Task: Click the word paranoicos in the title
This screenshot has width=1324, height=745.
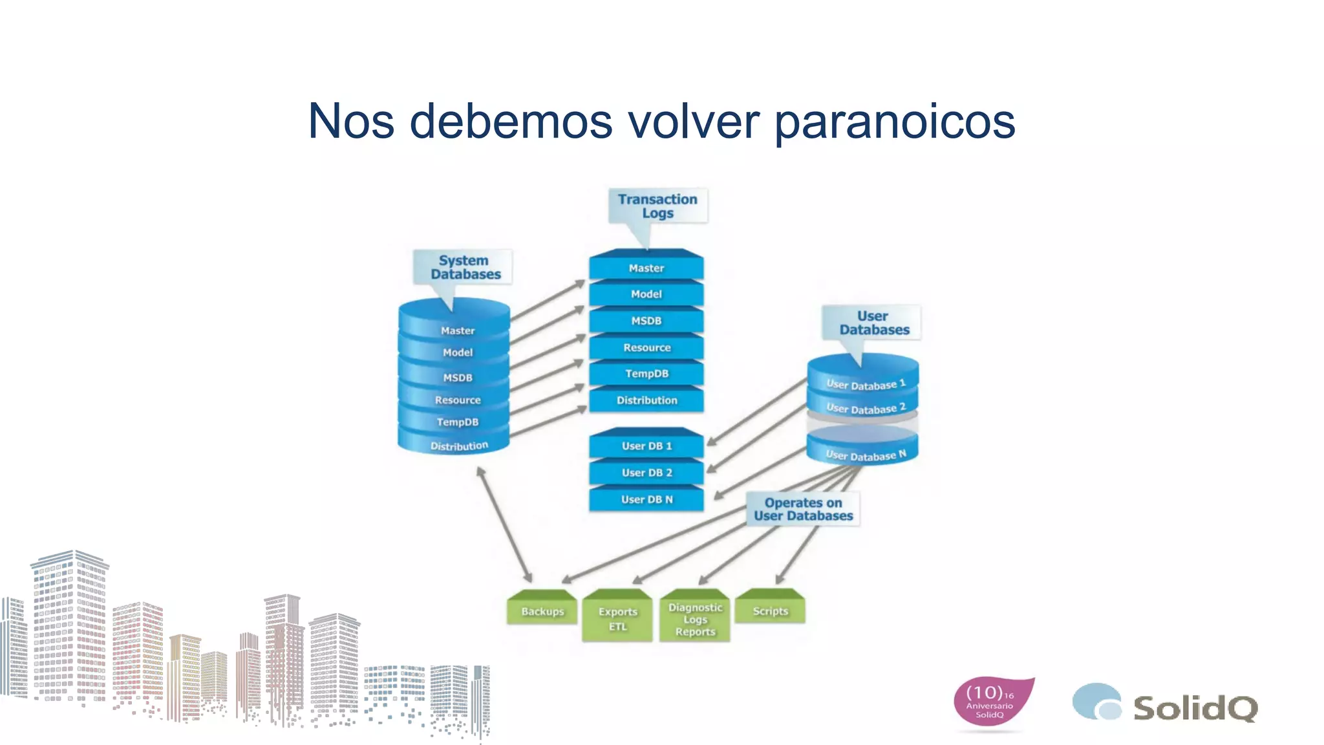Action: click(895, 122)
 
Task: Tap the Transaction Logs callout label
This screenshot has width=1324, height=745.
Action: click(657, 206)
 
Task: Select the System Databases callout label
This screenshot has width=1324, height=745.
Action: click(465, 267)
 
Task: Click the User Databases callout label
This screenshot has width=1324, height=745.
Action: click(873, 323)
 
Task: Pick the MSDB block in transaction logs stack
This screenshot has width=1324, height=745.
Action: click(646, 321)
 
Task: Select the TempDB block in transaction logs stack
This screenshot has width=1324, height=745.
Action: click(646, 374)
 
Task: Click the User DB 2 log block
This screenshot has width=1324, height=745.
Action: click(646, 473)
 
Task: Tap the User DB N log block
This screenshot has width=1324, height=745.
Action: click(646, 499)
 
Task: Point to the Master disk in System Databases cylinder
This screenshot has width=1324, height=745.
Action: click(457, 330)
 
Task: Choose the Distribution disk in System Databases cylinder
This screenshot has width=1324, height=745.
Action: click(458, 446)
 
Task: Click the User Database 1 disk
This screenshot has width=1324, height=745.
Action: click(865, 384)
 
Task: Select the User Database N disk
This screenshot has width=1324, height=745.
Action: click(865, 455)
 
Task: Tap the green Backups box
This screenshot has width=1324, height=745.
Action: click(542, 611)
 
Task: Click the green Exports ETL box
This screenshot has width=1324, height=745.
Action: click(617, 619)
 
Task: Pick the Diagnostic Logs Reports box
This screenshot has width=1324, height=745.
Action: click(695, 619)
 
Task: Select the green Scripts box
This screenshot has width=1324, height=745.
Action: click(770, 610)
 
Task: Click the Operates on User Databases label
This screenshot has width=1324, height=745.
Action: click(803, 509)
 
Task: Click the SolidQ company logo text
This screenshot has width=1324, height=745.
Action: click(1195, 708)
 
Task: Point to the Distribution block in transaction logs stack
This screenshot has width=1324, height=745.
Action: click(646, 400)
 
